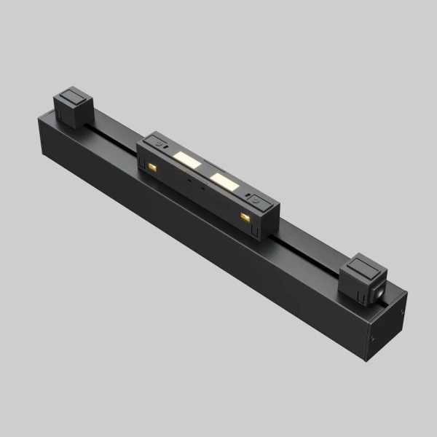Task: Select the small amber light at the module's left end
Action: click(153, 168)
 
